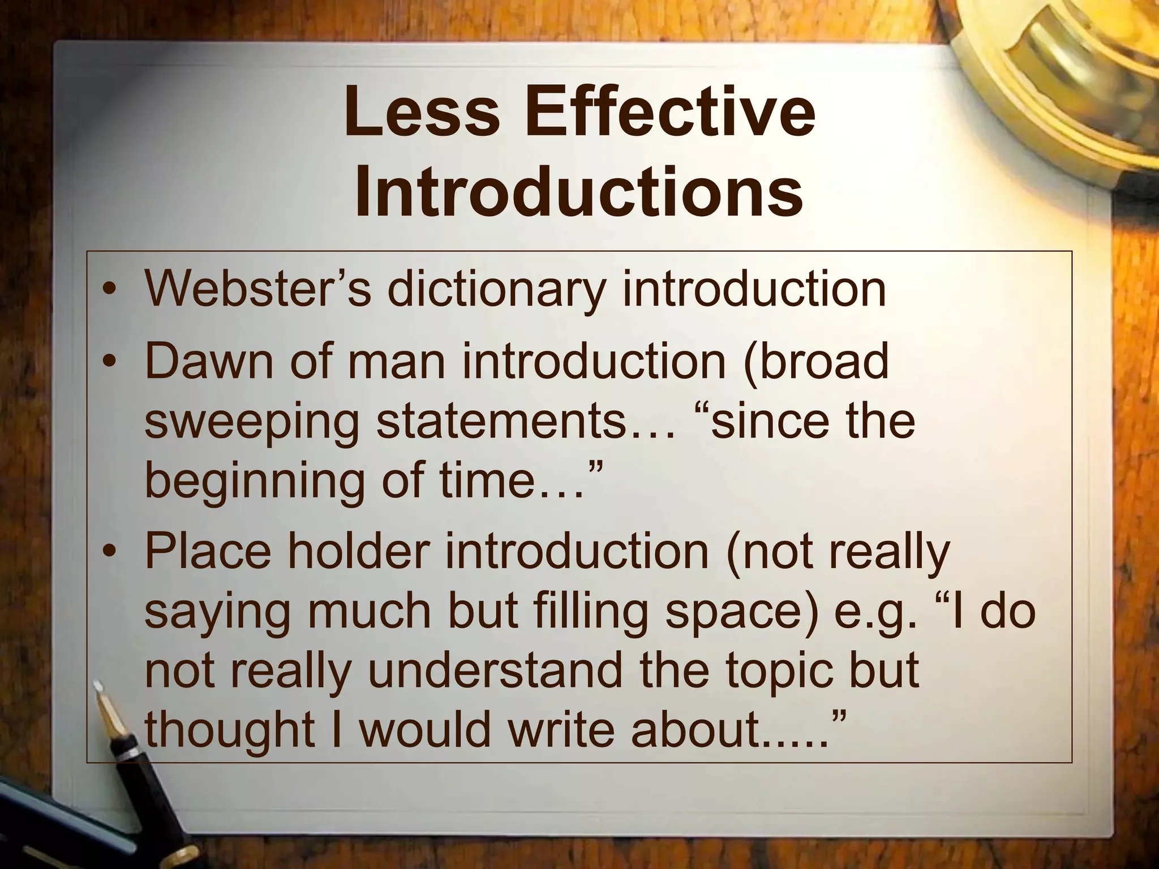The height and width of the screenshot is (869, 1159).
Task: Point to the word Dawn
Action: click(208, 362)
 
